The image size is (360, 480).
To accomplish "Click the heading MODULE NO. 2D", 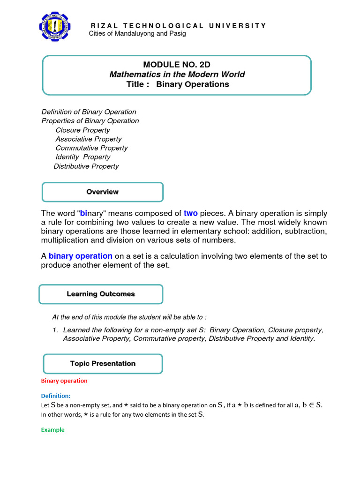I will click(x=177, y=65).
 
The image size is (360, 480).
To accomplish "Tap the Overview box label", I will click(x=103, y=192).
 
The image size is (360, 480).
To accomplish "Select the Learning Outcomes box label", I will click(x=101, y=294).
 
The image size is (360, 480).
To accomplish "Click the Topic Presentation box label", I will click(x=103, y=363).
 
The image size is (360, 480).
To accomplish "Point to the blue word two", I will click(x=191, y=213).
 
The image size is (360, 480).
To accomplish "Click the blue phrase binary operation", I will click(x=81, y=256).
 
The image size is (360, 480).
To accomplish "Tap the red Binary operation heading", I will click(x=64, y=381).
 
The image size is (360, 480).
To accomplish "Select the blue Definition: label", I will click(x=55, y=396).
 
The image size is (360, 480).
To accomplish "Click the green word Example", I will click(x=52, y=430).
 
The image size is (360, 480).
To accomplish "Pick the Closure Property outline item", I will click(x=82, y=130).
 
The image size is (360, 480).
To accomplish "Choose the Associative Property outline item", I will click(x=88, y=139).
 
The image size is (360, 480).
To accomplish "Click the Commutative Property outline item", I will click(x=91, y=148).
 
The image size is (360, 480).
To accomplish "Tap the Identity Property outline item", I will click(x=83, y=157).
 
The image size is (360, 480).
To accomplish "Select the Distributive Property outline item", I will click(x=86, y=166).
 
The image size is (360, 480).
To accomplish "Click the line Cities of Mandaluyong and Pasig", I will click(x=137, y=34).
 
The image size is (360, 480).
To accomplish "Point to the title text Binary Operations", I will click(x=193, y=84).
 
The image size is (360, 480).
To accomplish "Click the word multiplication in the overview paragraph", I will click(x=65, y=240).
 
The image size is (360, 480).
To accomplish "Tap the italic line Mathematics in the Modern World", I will click(x=177, y=75).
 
